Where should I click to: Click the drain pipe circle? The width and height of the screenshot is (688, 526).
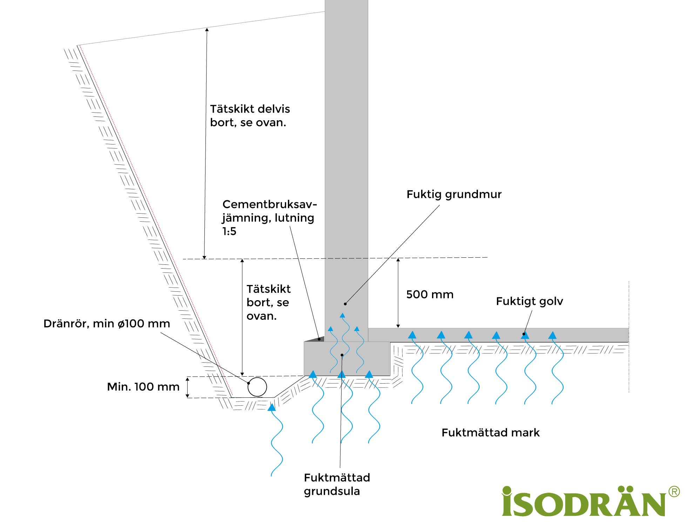[x=257, y=387]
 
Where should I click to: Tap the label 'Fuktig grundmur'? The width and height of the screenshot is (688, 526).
[x=454, y=194]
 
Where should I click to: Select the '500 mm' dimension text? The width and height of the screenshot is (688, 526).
[x=430, y=295]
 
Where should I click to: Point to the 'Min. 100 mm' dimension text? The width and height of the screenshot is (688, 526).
[x=143, y=387]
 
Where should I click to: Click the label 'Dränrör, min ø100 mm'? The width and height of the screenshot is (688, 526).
[x=107, y=323]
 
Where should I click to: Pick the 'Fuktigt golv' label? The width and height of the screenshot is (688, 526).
[x=529, y=301]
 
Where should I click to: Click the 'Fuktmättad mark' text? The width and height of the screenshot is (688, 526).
[x=490, y=433]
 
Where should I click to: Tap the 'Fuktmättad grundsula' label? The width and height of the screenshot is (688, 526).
[x=337, y=484]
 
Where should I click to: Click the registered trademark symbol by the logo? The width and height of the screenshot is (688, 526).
[x=674, y=492]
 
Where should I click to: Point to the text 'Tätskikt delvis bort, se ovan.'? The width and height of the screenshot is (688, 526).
[x=250, y=116]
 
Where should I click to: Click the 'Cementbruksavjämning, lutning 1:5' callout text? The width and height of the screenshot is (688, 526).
[x=269, y=218]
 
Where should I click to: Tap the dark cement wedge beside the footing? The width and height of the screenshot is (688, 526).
[x=315, y=339]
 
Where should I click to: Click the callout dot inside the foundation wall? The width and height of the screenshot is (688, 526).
[x=345, y=304]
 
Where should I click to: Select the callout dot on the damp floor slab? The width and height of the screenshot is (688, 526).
[x=524, y=334]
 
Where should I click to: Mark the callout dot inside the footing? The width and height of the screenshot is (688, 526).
[x=342, y=355]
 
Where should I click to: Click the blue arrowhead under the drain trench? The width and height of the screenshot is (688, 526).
[x=272, y=407]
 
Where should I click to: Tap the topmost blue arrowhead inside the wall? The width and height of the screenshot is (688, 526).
[x=343, y=315]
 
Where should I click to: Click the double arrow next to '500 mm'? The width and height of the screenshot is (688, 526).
[x=398, y=293]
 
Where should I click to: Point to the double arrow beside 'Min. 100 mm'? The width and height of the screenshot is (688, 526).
[x=188, y=387]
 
